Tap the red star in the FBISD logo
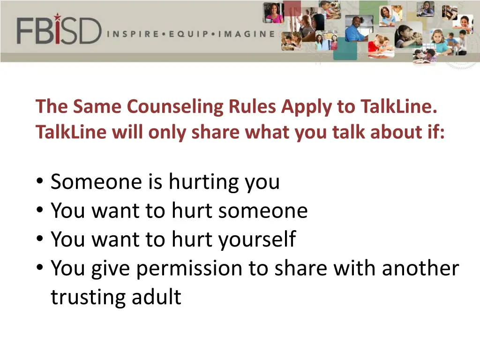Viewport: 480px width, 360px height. (x=57, y=17)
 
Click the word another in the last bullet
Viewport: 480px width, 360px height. (x=420, y=268)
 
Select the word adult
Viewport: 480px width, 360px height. (x=157, y=297)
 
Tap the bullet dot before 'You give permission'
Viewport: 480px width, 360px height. (x=39, y=269)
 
